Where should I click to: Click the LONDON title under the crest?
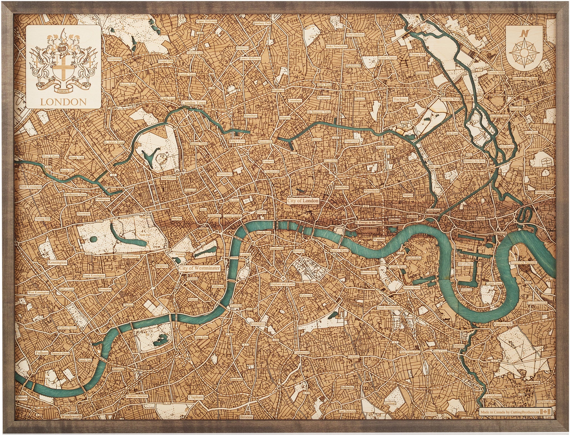pyautogui.click(x=63, y=102)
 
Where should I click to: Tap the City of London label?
pyautogui.click(x=303, y=200)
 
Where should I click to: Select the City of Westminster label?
pyautogui.click(x=199, y=268)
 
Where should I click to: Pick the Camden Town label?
pyautogui.click(x=194, y=102)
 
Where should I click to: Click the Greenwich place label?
pyautogui.click(x=503, y=324)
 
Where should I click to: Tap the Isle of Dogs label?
pyautogui.click(x=465, y=264)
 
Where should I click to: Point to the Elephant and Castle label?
pyautogui.click(x=282, y=284)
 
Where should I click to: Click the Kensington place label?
pyautogui.click(x=57, y=262)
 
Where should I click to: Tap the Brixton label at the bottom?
pyautogui.click(x=246, y=425)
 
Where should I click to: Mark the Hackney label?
pyautogui.click(x=401, y=99)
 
